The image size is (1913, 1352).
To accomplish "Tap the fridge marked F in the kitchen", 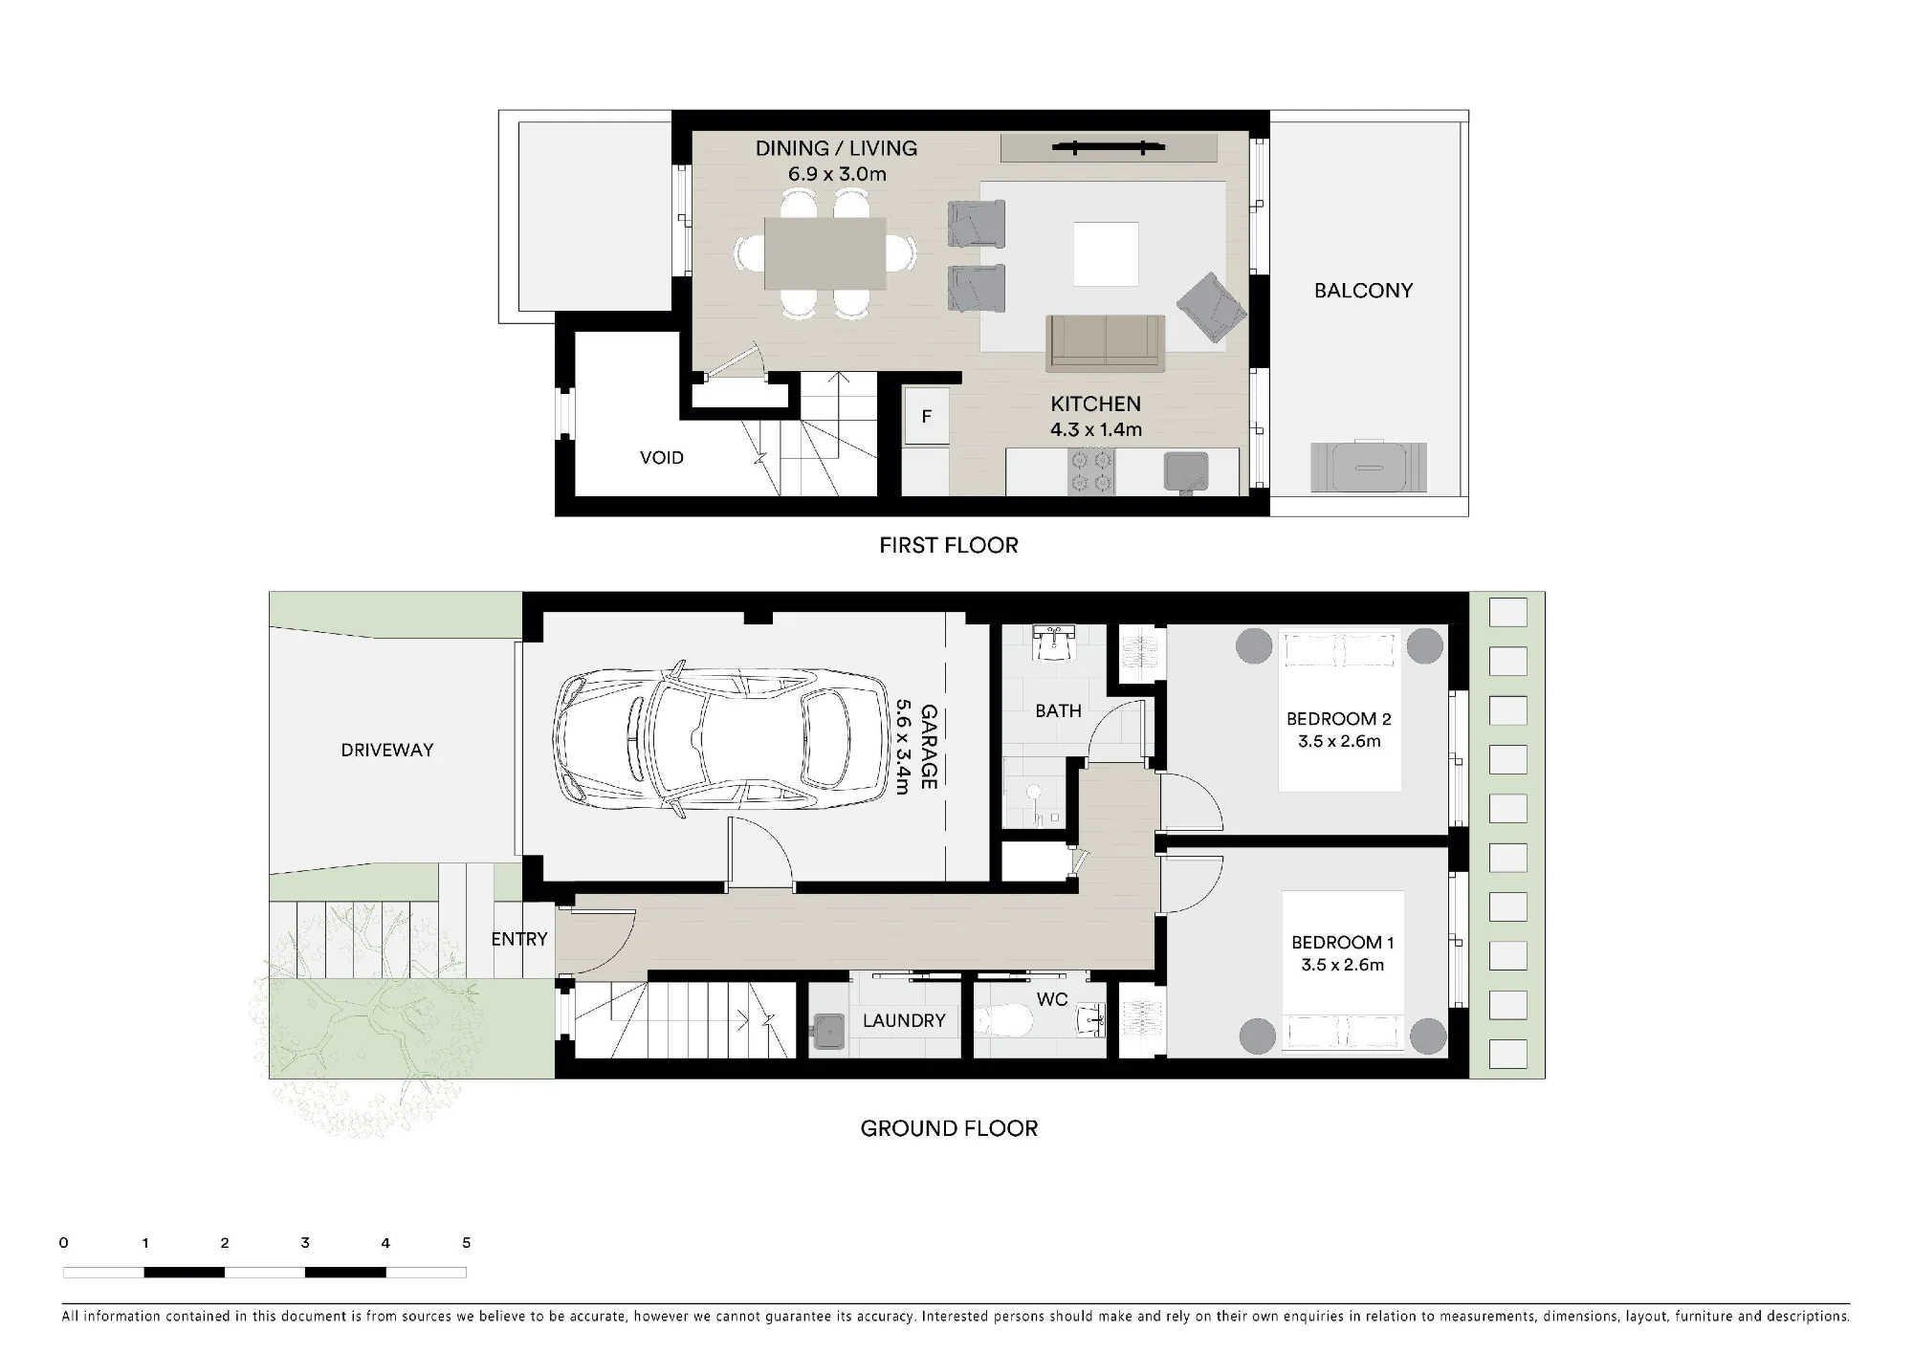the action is click(926, 416).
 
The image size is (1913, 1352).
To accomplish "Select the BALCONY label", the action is click(1363, 291).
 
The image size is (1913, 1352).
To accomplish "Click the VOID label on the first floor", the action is click(662, 458).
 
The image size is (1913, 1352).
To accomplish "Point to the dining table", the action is click(825, 253).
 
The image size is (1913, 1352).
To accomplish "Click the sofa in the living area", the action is click(1106, 343).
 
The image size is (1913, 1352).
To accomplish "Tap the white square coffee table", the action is click(1106, 254).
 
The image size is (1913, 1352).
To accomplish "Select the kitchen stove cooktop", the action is click(1090, 472).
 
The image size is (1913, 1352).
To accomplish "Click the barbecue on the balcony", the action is click(1369, 467).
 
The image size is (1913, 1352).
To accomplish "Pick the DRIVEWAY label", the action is click(387, 751).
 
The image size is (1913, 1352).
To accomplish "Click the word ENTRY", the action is click(519, 939).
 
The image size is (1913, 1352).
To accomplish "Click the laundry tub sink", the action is click(828, 1034).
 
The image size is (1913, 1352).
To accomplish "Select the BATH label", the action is click(1058, 711).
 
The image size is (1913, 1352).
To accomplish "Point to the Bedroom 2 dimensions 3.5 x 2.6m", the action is click(1339, 741).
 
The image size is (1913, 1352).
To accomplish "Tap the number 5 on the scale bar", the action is click(467, 1243).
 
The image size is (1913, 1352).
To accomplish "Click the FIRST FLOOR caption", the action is click(949, 545).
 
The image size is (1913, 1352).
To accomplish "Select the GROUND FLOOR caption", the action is click(949, 1128).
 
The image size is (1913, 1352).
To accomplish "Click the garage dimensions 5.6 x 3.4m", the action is click(902, 747).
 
